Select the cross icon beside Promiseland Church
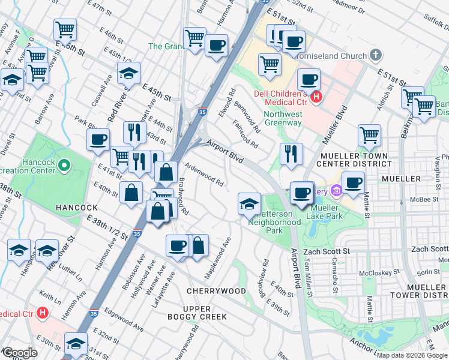376,56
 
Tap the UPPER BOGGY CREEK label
197,312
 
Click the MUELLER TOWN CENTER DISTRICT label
352,159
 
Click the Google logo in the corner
20,353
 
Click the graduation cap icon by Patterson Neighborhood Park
249,203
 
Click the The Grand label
164,46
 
